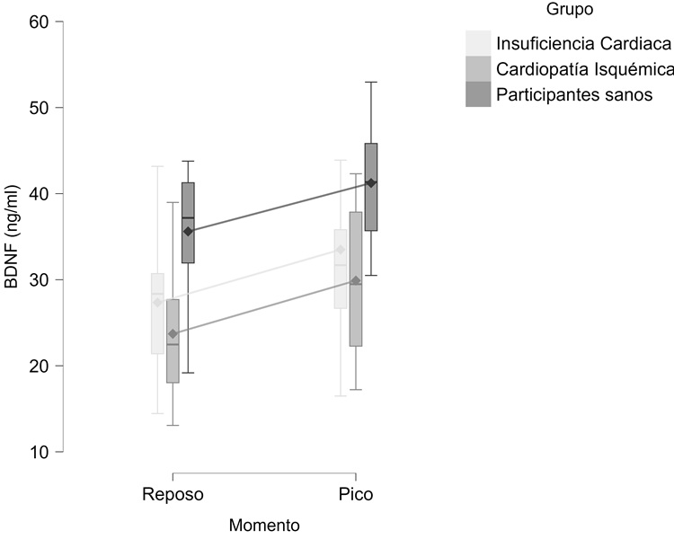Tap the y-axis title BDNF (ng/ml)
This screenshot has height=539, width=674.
coord(13,237)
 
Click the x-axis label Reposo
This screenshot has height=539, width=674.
coord(173,495)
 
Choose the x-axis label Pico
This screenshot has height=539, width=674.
coord(356,495)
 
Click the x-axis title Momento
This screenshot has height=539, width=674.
coord(263,525)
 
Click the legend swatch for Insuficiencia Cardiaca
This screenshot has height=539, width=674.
coord(478,44)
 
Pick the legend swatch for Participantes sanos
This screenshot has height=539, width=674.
coord(478,94)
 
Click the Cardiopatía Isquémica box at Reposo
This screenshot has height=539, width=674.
coord(173,341)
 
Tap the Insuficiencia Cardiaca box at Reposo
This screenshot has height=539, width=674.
coord(157,314)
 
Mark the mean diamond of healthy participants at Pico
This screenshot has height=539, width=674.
coord(371,183)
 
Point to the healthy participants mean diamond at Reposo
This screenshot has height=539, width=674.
coord(188,232)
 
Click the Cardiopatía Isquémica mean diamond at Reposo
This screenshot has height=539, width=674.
coord(173,334)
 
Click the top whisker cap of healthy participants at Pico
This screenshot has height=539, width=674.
coord(371,82)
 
